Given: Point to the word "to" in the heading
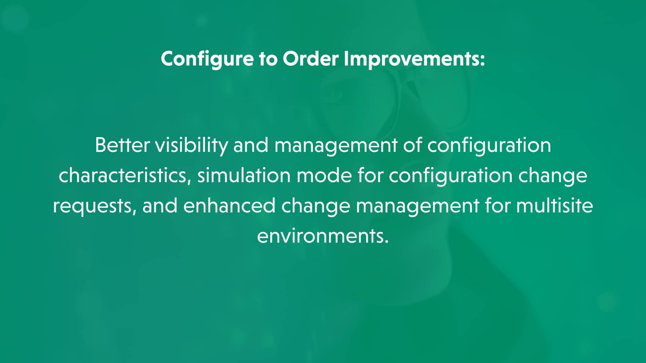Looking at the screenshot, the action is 268,59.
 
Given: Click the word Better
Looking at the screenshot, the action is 122,145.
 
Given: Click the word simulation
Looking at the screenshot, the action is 244,175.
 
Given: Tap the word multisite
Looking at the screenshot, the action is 554,205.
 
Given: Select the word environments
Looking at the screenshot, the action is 323,236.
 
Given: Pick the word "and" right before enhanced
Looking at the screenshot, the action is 160,205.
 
